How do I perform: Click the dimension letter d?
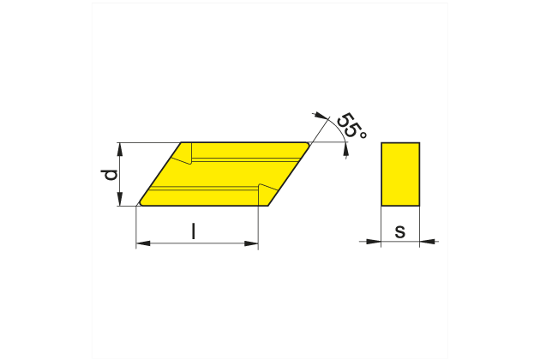[109, 175]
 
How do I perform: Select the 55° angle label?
[351, 125]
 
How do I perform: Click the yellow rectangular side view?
[400, 174]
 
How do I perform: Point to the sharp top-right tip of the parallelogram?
[309, 143]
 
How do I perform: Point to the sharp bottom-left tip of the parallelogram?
[140, 205]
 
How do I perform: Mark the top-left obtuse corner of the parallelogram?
[183, 143]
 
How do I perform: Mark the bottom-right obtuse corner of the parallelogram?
[267, 206]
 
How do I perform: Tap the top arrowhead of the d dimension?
[120, 148]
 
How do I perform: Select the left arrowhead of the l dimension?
[142, 244]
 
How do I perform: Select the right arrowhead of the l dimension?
[252, 244]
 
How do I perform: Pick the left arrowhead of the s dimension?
[375, 242]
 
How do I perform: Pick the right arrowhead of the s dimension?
[426, 242]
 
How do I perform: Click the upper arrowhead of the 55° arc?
[320, 114]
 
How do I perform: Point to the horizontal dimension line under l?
[197, 244]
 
